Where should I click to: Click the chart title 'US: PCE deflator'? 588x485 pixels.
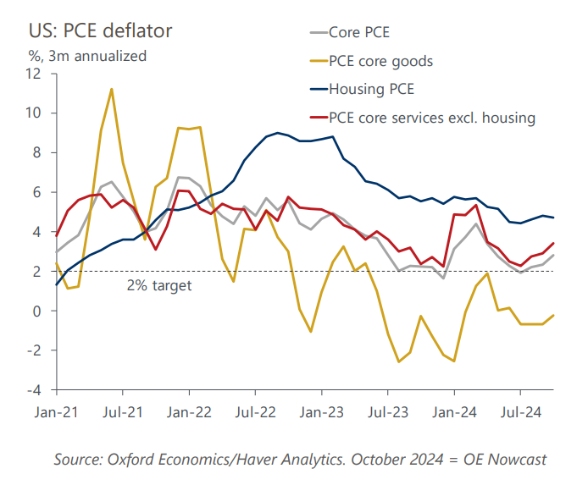100,31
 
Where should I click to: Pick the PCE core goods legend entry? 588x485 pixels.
380,61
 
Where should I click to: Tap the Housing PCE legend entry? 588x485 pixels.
371,89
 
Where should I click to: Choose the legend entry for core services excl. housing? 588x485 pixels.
432,117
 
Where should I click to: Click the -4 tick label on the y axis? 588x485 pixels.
34,390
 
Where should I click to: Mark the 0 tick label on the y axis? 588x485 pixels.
37,311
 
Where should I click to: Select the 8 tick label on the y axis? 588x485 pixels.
37,152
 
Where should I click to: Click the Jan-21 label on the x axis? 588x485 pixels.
56,414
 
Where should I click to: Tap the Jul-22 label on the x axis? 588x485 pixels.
255,414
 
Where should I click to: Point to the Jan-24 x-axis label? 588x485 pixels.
454,414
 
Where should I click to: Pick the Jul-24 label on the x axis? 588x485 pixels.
520,414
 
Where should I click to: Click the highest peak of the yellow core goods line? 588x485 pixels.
112,89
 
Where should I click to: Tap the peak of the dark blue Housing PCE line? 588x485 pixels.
278,133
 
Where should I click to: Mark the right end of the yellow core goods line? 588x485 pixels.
554,316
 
